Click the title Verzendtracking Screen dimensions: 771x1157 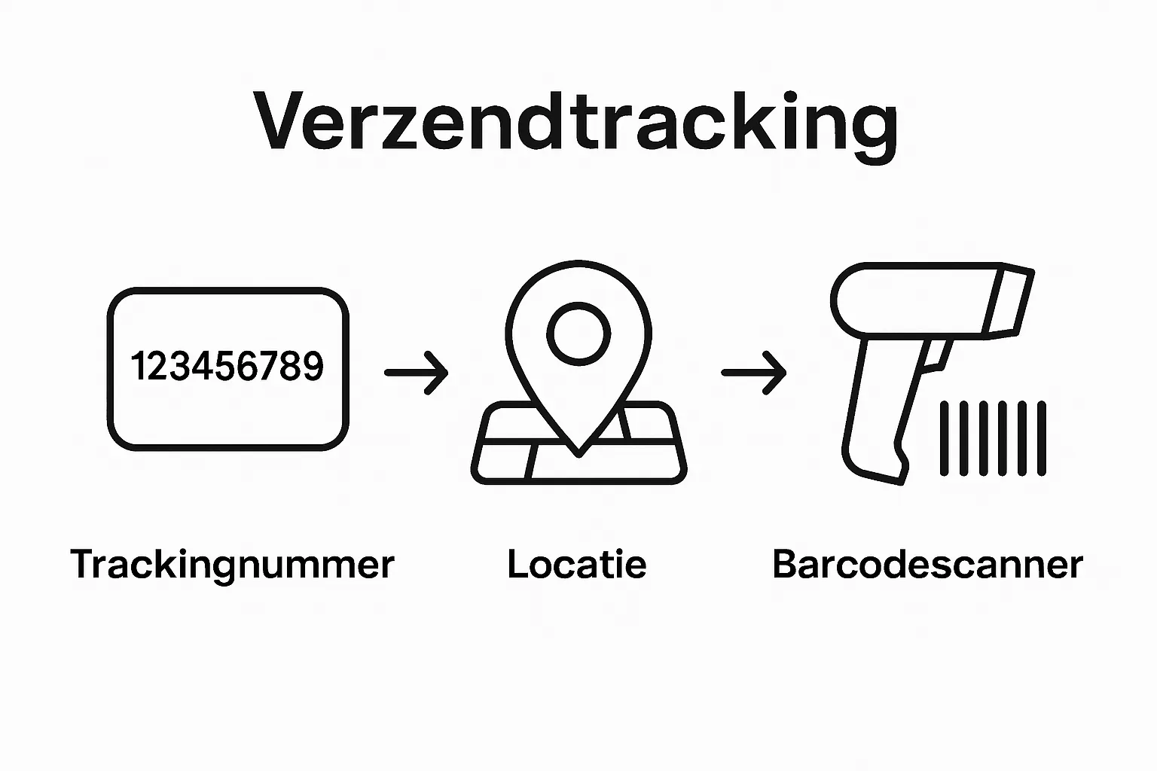[577, 123]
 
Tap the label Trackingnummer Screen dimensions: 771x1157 [232, 565]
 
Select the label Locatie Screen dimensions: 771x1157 [577, 565]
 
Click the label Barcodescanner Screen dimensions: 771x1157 [927, 565]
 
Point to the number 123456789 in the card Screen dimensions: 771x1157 [227, 367]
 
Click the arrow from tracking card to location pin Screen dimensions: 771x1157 [417, 372]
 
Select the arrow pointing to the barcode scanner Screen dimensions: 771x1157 [754, 372]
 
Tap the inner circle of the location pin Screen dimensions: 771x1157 [578, 333]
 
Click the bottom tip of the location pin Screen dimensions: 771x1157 [578, 452]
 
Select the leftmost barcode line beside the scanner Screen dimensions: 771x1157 [944, 439]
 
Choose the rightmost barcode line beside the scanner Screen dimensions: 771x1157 [1042, 439]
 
